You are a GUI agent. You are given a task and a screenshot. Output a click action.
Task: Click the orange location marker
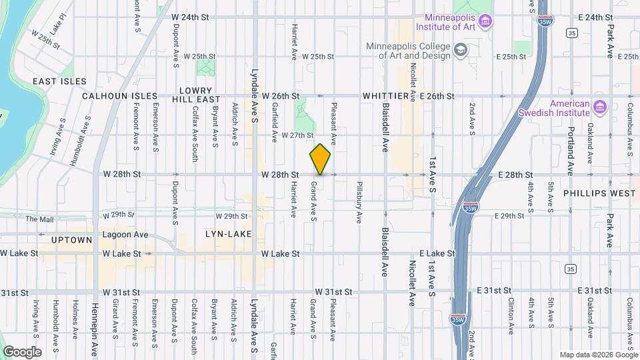pos(321,159)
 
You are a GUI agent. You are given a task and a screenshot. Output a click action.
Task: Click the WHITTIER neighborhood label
pos(385,97)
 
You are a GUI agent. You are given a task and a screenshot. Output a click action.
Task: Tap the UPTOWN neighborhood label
pos(71,240)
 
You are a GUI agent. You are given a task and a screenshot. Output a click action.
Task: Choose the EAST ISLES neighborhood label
pos(59,81)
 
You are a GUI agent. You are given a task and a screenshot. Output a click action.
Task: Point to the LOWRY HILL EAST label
pos(199,94)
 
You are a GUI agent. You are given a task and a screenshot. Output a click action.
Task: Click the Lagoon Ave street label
pos(125,235)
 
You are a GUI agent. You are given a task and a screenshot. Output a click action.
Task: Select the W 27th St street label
pos(297,135)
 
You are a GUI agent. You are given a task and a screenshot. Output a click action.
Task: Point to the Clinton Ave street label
pos(511,310)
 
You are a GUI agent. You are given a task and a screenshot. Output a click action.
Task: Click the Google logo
pos(22,352)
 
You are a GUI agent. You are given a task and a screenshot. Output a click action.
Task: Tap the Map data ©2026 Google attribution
pos(598,354)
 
